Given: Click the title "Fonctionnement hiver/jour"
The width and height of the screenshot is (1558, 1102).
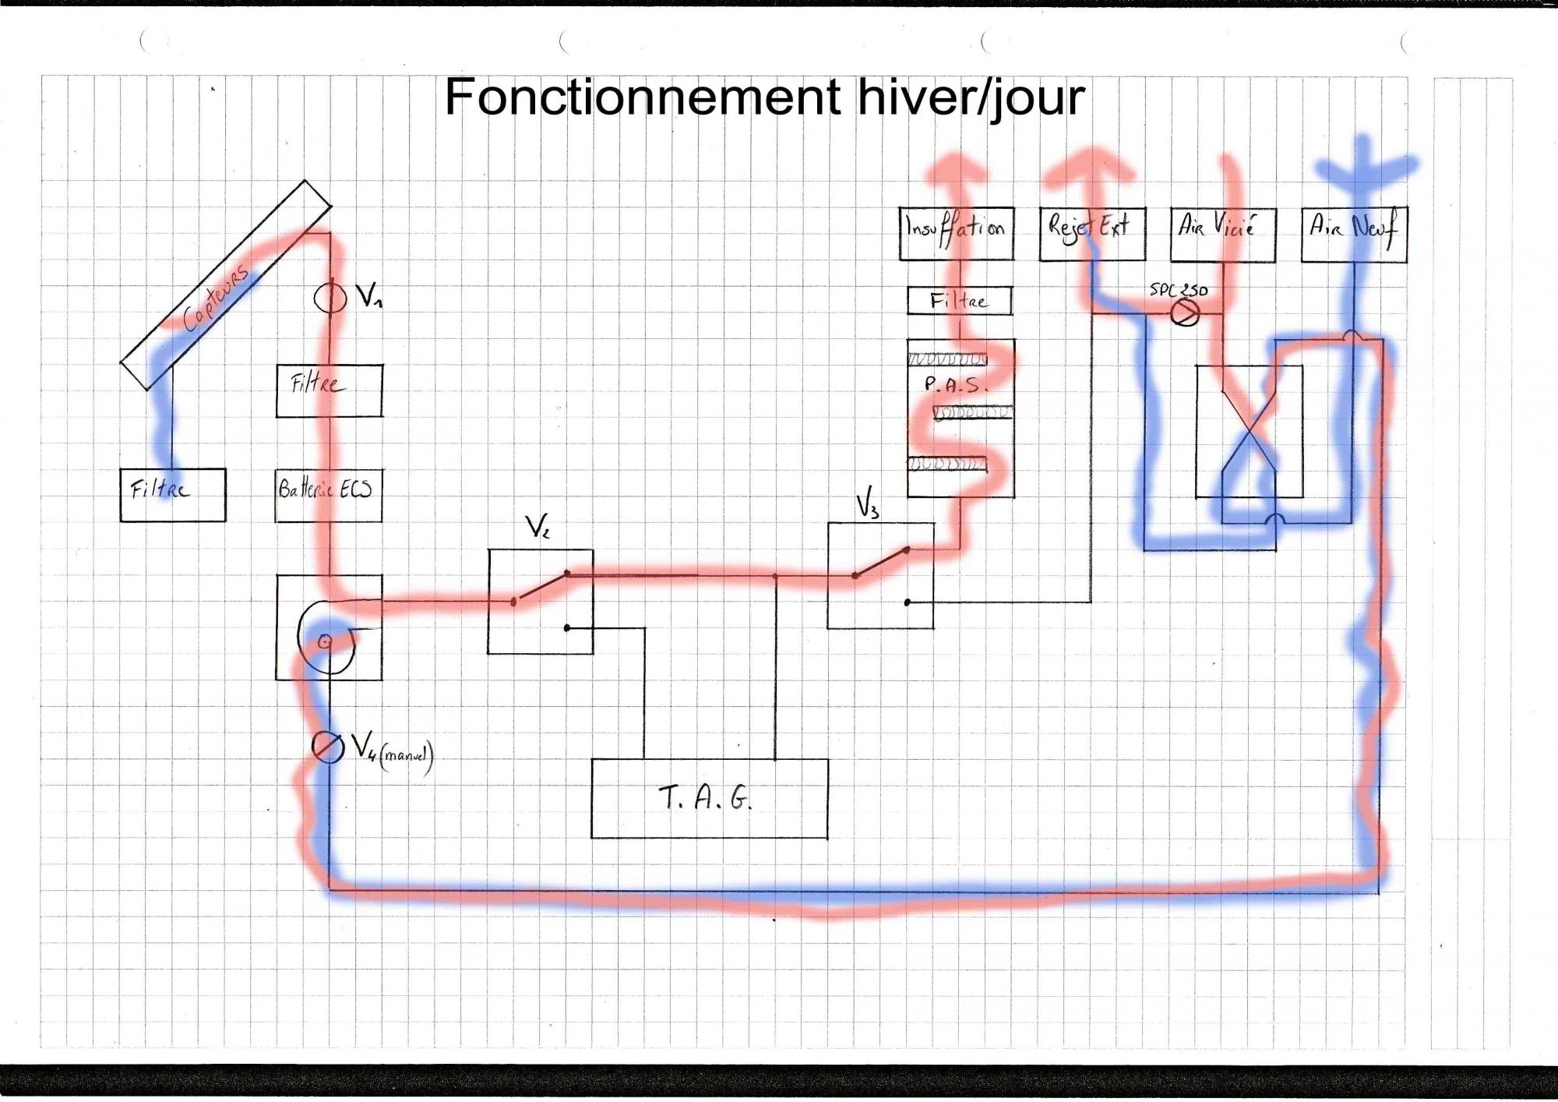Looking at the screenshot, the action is [x=764, y=97].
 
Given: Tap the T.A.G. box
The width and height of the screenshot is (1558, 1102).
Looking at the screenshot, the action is [x=709, y=798].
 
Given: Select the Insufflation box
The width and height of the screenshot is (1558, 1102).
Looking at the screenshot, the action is [x=956, y=233].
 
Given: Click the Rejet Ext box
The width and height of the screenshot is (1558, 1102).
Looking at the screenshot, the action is [x=1092, y=233].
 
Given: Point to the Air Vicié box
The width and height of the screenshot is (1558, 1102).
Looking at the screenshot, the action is [x=1222, y=234].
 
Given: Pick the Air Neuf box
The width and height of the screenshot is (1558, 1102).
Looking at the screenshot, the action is [x=1354, y=234].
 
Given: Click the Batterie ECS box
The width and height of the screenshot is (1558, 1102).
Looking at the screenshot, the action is [x=328, y=495].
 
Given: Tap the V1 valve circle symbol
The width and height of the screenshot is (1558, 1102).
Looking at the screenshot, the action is [x=330, y=297].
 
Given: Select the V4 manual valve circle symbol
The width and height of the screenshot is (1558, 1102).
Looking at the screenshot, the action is [x=327, y=747].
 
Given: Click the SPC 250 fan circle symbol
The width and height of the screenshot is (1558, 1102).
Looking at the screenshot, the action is [x=1185, y=313].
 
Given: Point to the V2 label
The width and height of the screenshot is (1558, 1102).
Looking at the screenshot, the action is [x=538, y=528].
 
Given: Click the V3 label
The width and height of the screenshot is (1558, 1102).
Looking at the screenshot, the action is [x=868, y=503].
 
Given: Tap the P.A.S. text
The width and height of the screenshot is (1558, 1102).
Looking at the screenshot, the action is [x=955, y=384].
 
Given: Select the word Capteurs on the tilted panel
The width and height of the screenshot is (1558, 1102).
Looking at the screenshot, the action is [x=217, y=297].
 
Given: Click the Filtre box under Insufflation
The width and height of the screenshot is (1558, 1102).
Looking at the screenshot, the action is [x=959, y=301].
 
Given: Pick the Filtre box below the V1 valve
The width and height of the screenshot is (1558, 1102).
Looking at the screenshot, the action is [x=329, y=390].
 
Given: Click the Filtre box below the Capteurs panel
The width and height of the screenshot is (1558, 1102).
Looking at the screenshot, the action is [x=172, y=495].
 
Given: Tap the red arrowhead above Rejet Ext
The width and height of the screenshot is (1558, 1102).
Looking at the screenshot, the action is [x=1091, y=164].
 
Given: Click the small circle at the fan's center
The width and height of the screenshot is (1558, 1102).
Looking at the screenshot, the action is [x=325, y=641].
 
